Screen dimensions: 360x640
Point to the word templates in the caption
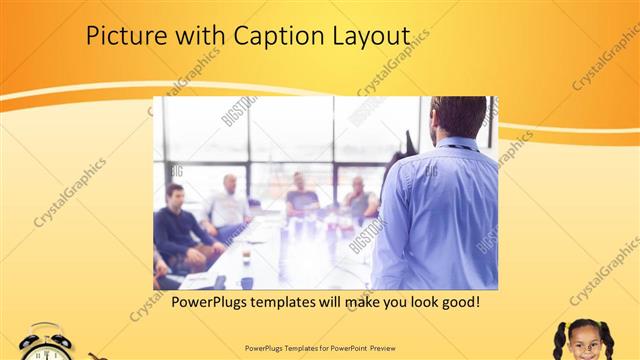294,301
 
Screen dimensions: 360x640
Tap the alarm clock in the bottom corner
46,343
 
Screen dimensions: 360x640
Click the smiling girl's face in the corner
583,343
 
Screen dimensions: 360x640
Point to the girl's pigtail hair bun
560,329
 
